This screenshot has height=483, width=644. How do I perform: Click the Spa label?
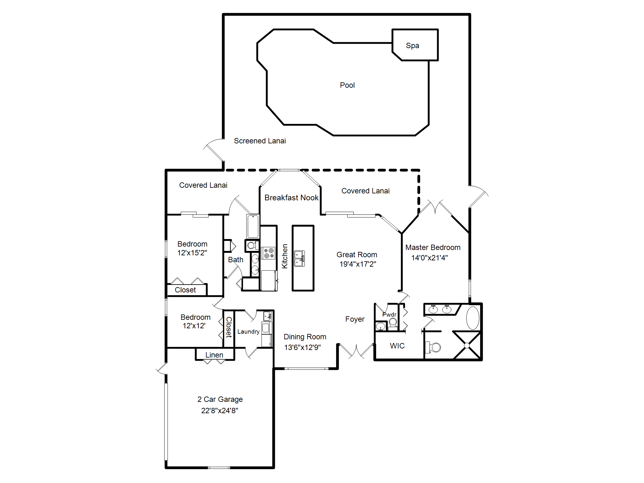click(x=412, y=46)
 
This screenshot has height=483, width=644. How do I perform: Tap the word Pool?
click(x=347, y=85)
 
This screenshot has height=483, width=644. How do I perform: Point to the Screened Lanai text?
click(x=260, y=141)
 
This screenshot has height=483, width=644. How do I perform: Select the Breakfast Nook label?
click(x=291, y=198)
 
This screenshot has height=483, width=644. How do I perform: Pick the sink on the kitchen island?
click(x=299, y=258)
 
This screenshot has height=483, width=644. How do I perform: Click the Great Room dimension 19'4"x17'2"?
click(x=358, y=264)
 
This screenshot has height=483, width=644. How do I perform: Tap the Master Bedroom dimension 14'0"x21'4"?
click(x=429, y=258)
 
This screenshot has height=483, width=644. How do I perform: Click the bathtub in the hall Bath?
click(x=253, y=226)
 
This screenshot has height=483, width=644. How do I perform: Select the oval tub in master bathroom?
click(x=473, y=318)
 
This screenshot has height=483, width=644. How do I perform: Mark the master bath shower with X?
click(x=467, y=345)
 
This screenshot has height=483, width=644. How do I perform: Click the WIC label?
click(x=397, y=346)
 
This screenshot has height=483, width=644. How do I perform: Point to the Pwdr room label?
click(x=389, y=314)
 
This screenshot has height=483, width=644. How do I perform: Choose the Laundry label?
click(x=248, y=332)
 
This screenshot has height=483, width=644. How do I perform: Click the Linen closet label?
click(x=214, y=355)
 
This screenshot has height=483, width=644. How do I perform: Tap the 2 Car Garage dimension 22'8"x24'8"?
click(x=219, y=411)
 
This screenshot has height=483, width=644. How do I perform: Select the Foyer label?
click(x=355, y=319)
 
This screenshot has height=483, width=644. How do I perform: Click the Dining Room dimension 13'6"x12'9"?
click(x=302, y=347)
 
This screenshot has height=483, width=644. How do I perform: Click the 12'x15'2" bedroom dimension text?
click(x=192, y=253)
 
